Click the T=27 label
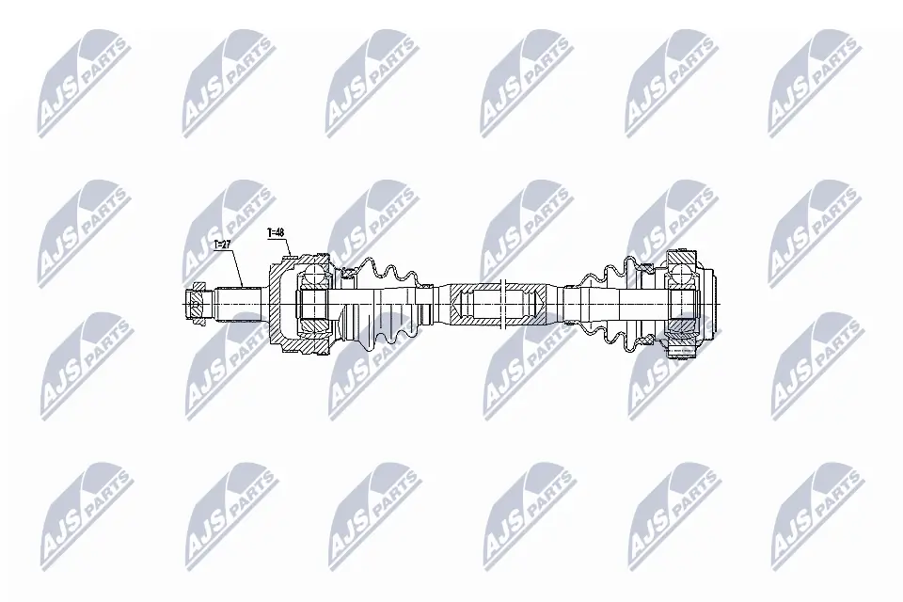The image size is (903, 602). click(x=223, y=244)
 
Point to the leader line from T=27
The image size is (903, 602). click(x=235, y=265)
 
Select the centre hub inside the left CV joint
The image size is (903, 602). click(x=313, y=303)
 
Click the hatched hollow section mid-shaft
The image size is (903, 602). click(x=493, y=302)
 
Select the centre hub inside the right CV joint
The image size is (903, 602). click(x=684, y=303)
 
